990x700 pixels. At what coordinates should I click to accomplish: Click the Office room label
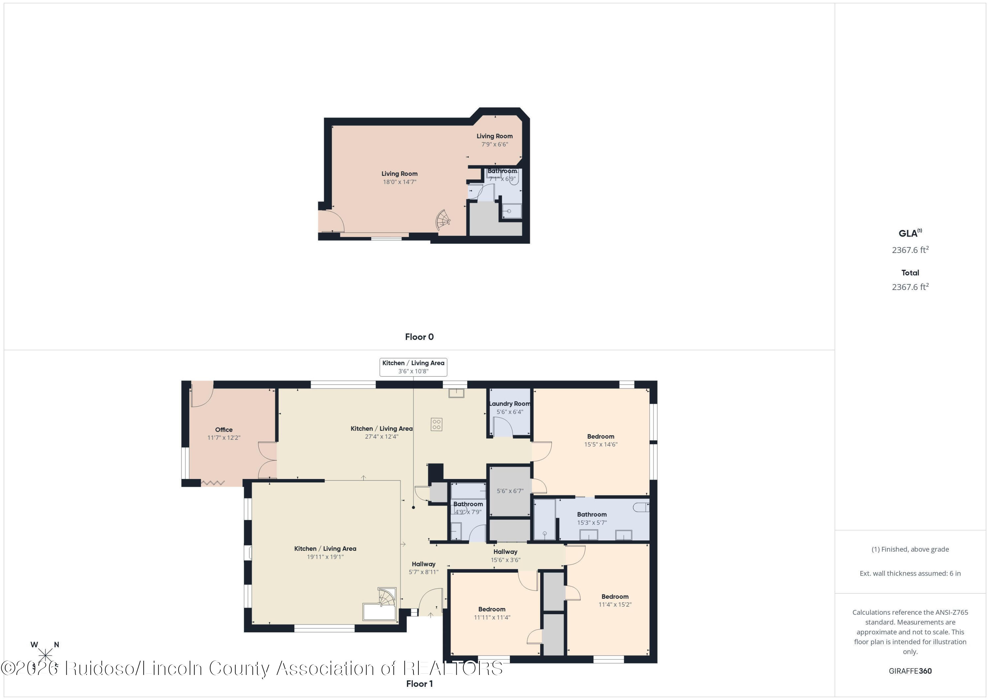coord(224,430)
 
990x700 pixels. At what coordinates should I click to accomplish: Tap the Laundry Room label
coord(510,404)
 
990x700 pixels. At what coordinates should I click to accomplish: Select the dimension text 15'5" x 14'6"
coord(601,444)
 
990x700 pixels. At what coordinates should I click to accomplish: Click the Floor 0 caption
coord(419,337)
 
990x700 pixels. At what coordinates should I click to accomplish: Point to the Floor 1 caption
coord(419,684)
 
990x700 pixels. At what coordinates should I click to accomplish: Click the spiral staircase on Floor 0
coord(443,220)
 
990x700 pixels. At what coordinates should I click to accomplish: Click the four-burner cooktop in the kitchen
coord(436,424)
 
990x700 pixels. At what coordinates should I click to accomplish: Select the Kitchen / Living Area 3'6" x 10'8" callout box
coord(413,367)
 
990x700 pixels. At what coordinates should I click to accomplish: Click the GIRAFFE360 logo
coord(910,671)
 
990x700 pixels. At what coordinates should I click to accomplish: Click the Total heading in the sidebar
coord(910,273)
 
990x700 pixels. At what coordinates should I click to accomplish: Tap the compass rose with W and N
coord(45,655)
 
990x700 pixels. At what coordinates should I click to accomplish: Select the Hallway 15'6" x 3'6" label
coord(505,556)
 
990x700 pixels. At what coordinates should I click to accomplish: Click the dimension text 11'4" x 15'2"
coord(614,605)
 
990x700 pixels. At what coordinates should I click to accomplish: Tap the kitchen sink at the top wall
coord(456,393)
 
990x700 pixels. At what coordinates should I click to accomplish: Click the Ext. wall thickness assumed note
coord(910,573)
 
